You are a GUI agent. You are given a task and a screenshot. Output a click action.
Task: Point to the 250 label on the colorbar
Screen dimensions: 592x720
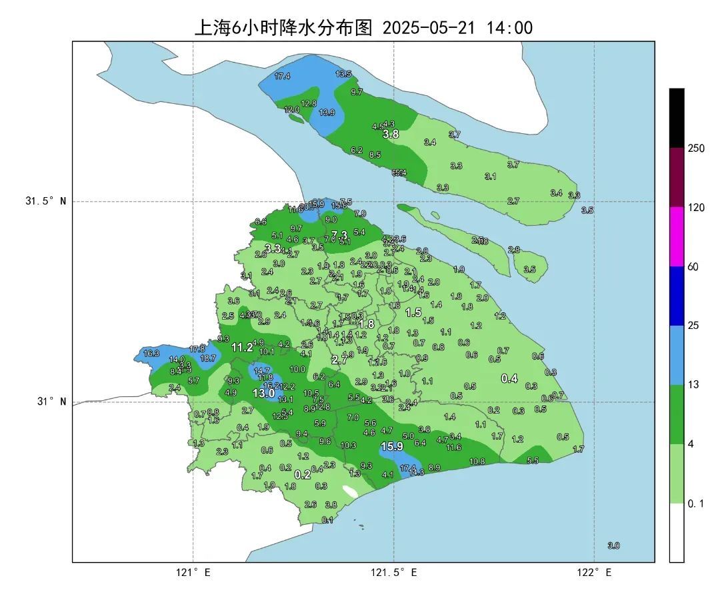point(697,148)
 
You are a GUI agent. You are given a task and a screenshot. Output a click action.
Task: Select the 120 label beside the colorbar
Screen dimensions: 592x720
point(697,208)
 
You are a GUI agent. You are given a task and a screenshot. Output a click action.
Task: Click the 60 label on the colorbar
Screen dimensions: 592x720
point(693,267)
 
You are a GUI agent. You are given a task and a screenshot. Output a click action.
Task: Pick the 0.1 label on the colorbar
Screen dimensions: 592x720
point(695,504)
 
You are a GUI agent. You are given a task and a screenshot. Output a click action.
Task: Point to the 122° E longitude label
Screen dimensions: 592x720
point(595,573)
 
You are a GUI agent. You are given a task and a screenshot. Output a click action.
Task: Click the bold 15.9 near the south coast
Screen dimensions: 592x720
point(392,446)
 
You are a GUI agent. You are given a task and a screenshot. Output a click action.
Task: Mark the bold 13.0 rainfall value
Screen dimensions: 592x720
point(264,394)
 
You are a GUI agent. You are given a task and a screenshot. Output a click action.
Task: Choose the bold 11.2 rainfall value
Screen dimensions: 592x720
point(242,347)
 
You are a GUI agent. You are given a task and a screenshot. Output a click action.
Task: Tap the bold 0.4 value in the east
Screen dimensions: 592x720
point(509,378)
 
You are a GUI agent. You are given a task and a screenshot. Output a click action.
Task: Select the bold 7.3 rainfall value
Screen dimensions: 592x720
point(339,234)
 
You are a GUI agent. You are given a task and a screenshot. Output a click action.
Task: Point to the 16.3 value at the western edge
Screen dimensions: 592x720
point(151,354)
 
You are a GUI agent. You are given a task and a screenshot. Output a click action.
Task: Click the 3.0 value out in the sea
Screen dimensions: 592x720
point(613,545)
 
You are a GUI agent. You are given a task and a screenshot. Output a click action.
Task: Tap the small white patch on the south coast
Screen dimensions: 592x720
point(350,491)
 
